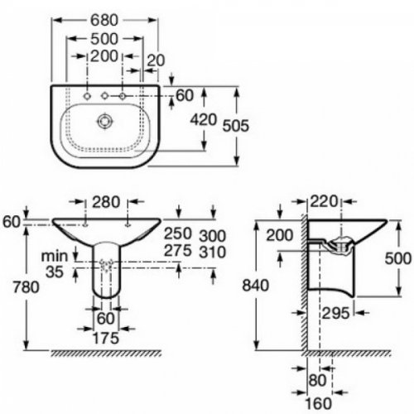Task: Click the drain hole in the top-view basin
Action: point(105,121)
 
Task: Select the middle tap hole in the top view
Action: point(105,98)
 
